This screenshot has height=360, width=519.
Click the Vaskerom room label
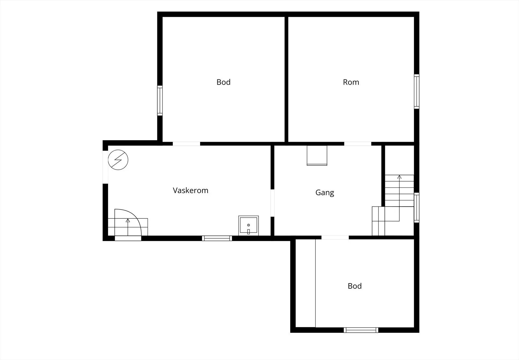coord(190,190)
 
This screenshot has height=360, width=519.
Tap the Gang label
coord(325,193)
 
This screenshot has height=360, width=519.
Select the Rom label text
coord(351,82)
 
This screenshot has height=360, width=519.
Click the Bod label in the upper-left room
coord(223,82)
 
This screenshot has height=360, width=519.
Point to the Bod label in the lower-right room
coord(355,286)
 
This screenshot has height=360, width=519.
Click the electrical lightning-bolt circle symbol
coord(118,160)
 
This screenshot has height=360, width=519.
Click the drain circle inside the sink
coord(248,225)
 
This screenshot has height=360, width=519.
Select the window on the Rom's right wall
coord(416,91)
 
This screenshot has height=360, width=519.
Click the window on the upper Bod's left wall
coord(160,101)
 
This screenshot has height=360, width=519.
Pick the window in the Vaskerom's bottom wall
coord(217,238)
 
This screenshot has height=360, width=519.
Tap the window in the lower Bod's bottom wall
coord(361,330)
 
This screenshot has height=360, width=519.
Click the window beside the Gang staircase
coord(416,208)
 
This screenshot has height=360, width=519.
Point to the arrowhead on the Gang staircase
coord(399,177)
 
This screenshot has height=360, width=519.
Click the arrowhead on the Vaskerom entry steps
coord(128,220)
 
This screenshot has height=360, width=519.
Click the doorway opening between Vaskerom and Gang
coord(272,203)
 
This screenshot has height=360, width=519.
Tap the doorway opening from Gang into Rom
coord(358,144)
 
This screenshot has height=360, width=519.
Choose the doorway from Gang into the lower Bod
coord(335,237)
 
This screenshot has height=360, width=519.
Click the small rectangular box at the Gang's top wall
coord(317,155)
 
